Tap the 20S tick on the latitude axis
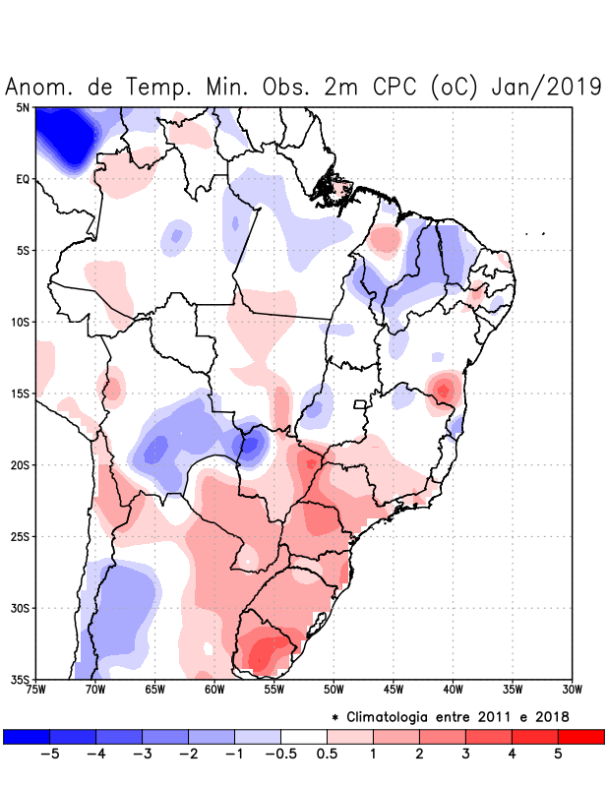(x=21, y=464)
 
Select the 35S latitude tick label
(x=21, y=679)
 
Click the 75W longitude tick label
(x=35, y=690)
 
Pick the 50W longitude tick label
(x=334, y=690)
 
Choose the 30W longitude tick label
(x=572, y=690)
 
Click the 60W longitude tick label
(x=214, y=690)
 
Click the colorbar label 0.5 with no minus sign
(x=328, y=754)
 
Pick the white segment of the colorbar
(x=304, y=736)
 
